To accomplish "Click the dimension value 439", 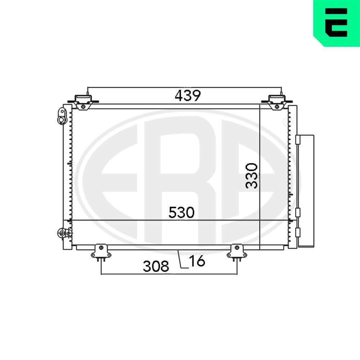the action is point(188,95).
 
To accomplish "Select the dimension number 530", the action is point(181,212).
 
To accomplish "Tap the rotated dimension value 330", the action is point(251,176).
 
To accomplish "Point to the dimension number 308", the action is point(156,266).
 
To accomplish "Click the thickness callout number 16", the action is point(197,261).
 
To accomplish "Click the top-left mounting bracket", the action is point(83,102).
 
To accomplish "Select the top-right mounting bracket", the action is point(277,102).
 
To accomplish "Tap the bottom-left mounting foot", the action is point(101,253).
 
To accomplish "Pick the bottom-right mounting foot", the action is point(237,253).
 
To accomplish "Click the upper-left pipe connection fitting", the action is point(62,116).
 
